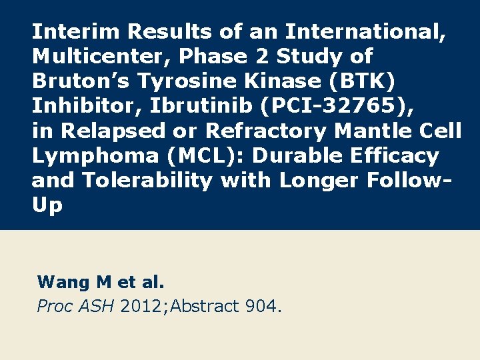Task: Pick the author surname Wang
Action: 63,282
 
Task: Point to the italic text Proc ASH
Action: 76,307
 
